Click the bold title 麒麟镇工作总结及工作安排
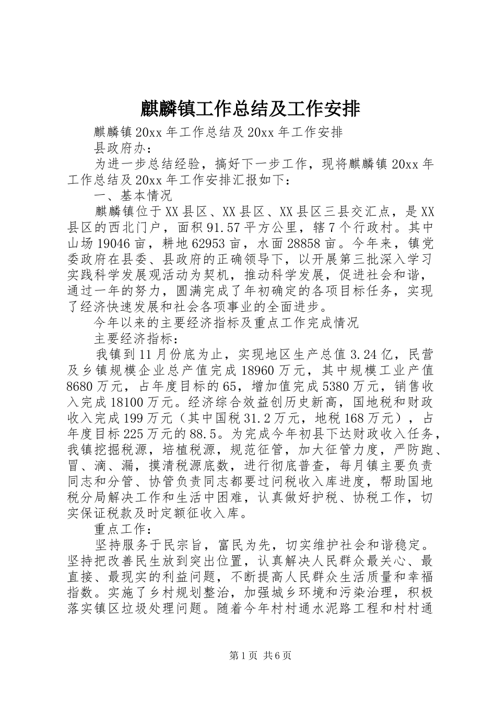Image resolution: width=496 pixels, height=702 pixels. point(250,109)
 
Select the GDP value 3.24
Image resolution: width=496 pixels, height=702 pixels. point(362,355)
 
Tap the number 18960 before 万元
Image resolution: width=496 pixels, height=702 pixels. point(261,370)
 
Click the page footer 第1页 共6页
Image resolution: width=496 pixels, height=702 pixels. point(247,655)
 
